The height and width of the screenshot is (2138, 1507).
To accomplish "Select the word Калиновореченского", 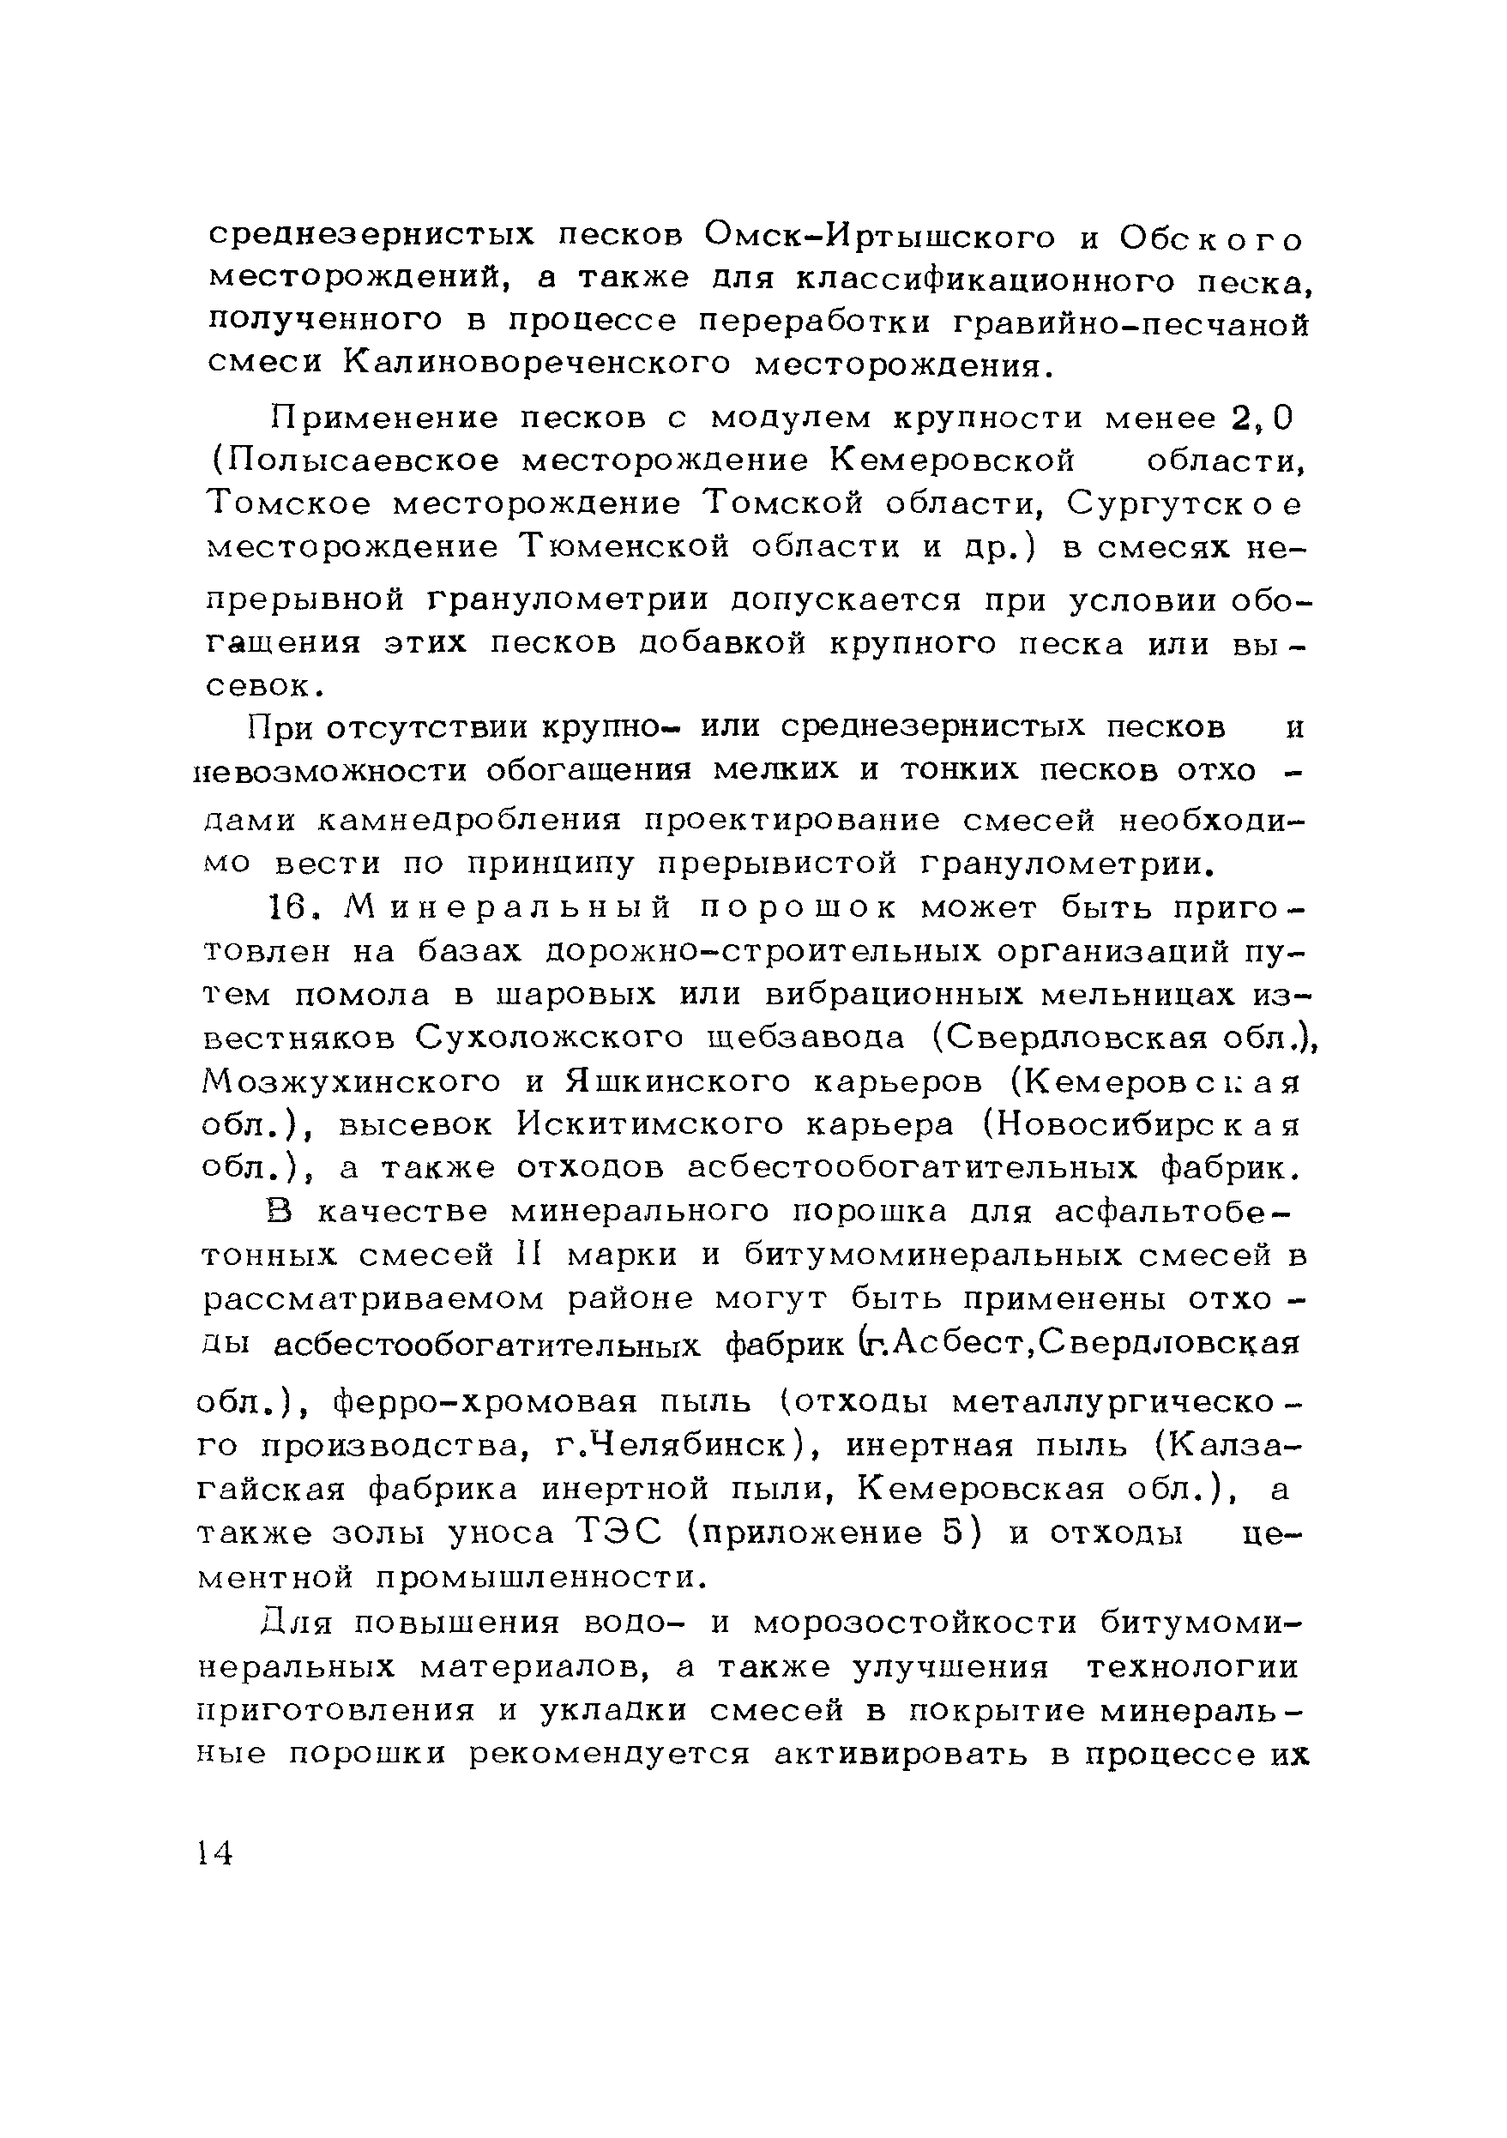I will point(538,364).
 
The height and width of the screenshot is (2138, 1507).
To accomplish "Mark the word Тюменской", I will point(625,546).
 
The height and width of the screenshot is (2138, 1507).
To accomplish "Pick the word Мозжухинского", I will point(351,1081).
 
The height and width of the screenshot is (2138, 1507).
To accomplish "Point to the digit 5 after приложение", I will point(951,1532).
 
